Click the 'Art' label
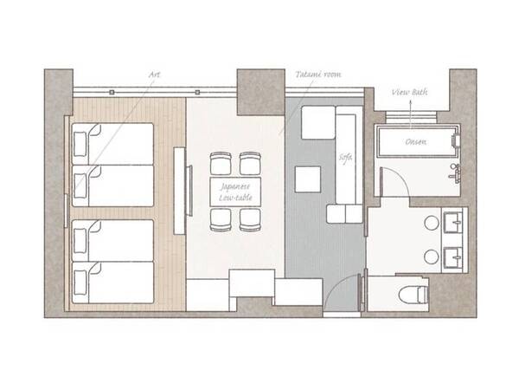click(x=154, y=75)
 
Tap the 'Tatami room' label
click(x=318, y=75)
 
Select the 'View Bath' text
click(x=409, y=92)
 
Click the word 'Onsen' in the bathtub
click(x=416, y=142)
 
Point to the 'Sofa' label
click(x=345, y=158)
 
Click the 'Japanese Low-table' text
click(x=235, y=192)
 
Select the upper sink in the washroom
click(x=453, y=222)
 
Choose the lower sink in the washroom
click(x=453, y=257)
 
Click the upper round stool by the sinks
click(x=432, y=223)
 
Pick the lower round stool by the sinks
click(x=432, y=257)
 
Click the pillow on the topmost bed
click(x=80, y=144)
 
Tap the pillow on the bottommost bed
click(x=80, y=283)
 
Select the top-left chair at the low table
click(x=221, y=163)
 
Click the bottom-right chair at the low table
click(x=250, y=220)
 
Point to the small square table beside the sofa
click(x=308, y=179)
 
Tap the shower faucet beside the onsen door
click(x=455, y=172)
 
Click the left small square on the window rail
click(x=112, y=92)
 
